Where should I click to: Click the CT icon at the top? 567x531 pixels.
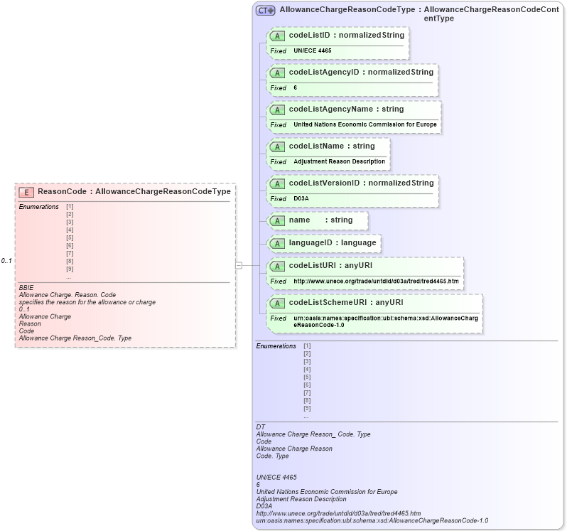tap(266, 11)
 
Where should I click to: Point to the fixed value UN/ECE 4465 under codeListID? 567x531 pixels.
tap(313, 51)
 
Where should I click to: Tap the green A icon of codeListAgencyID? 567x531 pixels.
tap(278, 73)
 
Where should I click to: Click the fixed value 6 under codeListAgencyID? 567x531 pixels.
tap(295, 88)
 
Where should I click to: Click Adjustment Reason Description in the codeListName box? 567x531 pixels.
tap(339, 162)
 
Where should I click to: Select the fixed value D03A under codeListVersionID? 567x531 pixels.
tap(301, 199)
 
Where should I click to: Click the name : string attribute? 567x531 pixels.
tap(320, 220)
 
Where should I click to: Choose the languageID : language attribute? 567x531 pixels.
tap(332, 243)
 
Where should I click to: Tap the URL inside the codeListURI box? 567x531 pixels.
tap(376, 281)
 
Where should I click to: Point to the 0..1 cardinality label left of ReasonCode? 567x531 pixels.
tap(6, 261)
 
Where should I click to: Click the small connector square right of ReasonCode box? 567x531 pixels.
tap(239, 265)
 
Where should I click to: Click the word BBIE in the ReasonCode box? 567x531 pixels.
tap(26, 287)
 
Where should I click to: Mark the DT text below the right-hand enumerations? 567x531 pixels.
tap(260, 427)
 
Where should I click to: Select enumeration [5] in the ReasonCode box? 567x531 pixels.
tap(70, 237)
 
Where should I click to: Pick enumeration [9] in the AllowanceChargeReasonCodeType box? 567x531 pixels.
tap(307, 408)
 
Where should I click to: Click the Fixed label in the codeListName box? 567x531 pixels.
tap(278, 162)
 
